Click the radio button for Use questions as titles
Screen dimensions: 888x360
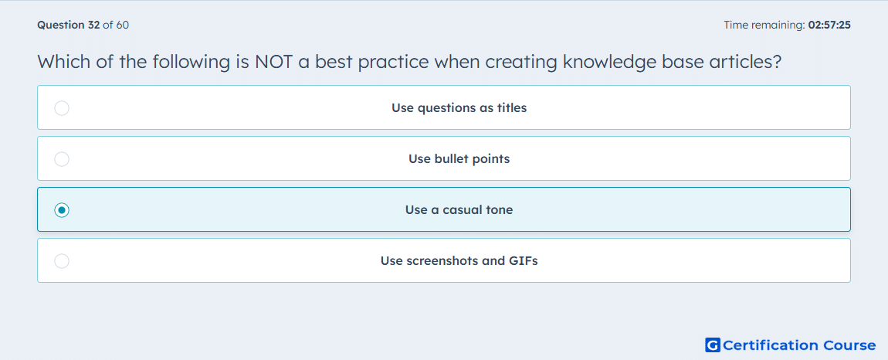click(62, 107)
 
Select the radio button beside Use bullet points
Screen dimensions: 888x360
click(62, 159)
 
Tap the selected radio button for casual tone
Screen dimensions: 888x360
click(62, 210)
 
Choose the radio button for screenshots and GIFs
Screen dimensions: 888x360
click(62, 261)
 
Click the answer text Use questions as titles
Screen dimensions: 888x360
click(459, 107)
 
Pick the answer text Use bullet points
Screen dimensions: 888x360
click(459, 158)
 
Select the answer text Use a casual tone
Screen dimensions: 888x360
click(459, 210)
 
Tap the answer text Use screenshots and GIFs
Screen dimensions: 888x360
click(459, 261)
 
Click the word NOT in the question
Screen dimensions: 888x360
click(273, 62)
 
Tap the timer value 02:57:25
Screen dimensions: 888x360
click(829, 25)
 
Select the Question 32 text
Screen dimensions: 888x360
click(69, 25)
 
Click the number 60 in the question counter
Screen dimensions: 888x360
click(122, 25)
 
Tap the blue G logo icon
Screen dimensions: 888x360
click(713, 345)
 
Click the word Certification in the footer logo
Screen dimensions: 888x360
click(770, 345)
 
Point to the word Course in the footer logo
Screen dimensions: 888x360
click(849, 345)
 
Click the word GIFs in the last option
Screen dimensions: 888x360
click(524, 261)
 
